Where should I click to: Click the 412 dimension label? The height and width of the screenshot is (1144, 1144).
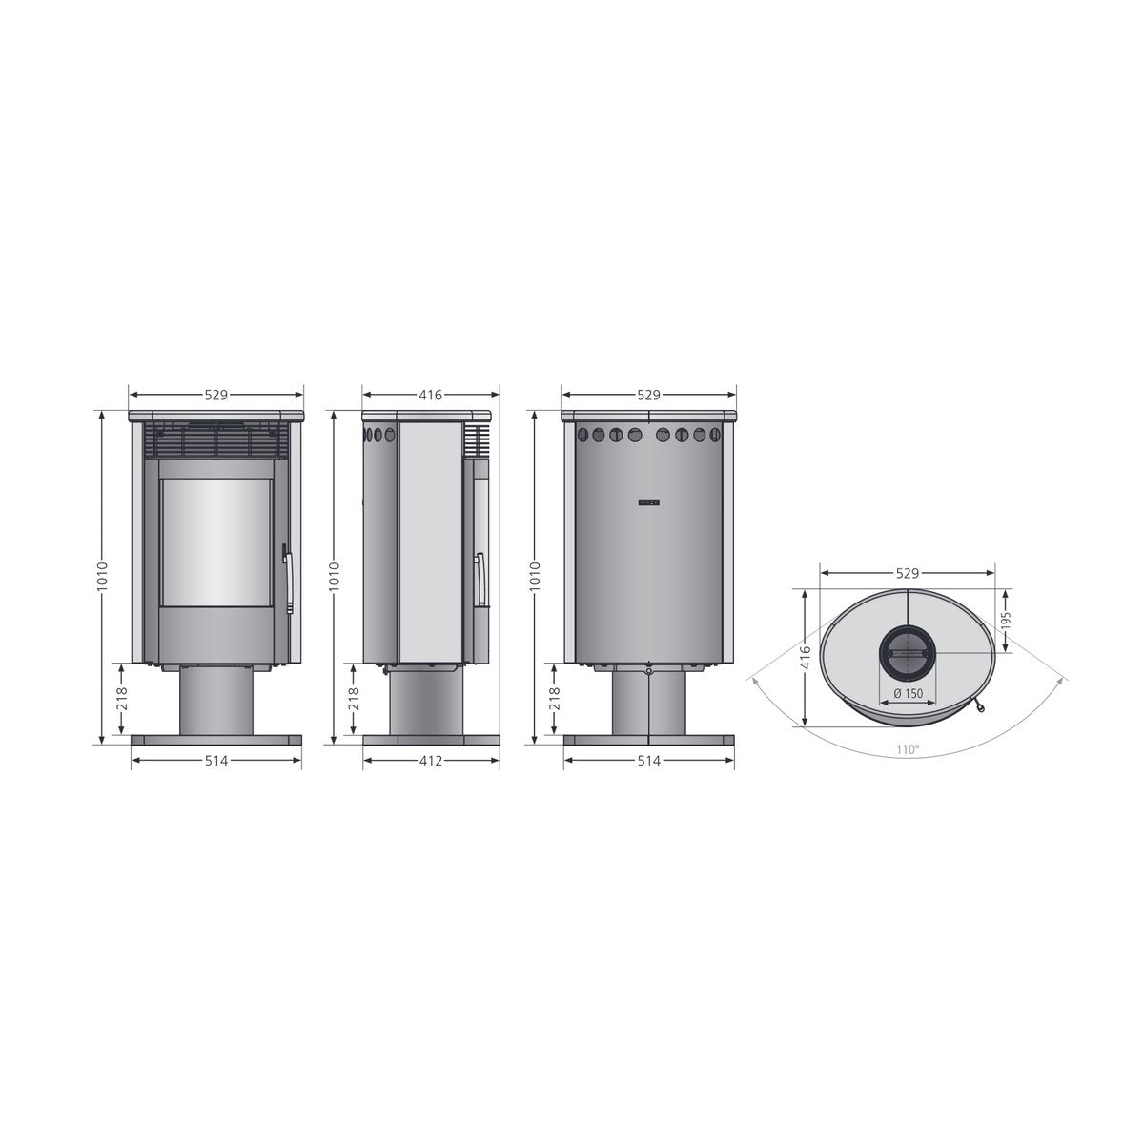tap(431, 761)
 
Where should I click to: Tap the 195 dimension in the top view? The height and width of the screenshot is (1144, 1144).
tap(1006, 621)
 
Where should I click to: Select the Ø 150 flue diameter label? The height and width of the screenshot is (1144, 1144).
tap(909, 693)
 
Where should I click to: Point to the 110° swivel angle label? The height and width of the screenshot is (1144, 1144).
tap(908, 750)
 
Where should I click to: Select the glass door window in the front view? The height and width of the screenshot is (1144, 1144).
tap(216, 542)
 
